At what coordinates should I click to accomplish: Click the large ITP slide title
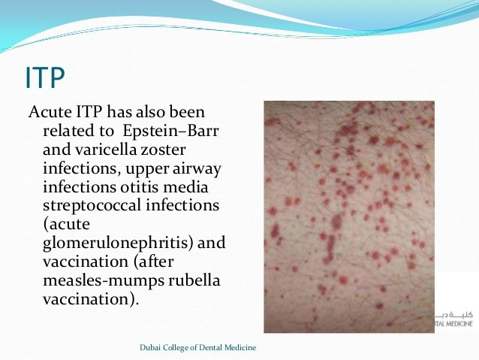[x=45, y=77]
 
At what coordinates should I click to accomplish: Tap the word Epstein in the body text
[x=150, y=132]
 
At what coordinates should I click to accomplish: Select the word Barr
[x=203, y=131]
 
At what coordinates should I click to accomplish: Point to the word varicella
[x=106, y=150]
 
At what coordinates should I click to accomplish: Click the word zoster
[x=163, y=150]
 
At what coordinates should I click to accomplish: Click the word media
[x=185, y=187]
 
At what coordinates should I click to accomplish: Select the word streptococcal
[x=92, y=206]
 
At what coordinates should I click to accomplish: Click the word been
[x=187, y=112]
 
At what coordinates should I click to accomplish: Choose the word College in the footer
[x=176, y=348]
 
